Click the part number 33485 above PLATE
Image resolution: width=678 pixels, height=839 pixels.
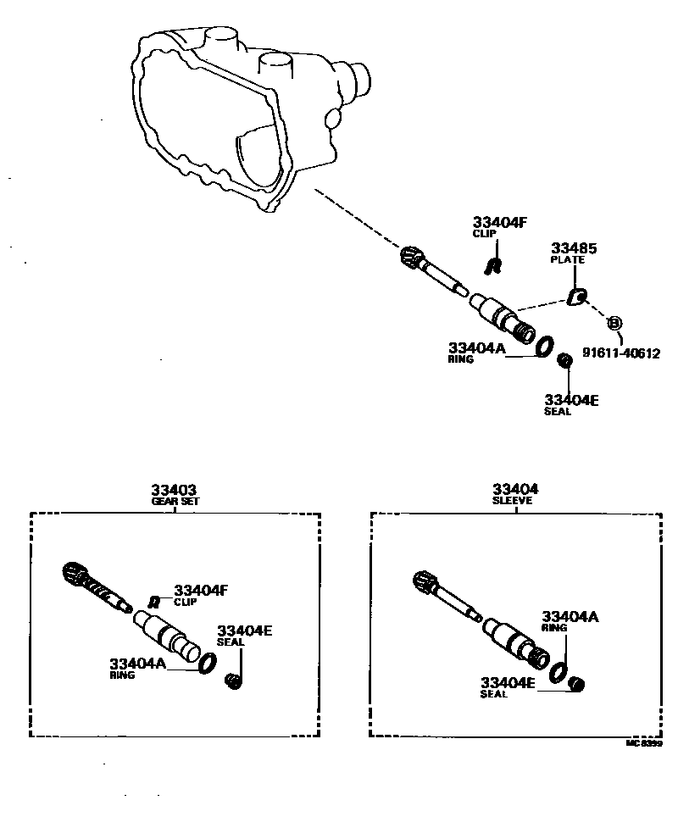tap(574, 248)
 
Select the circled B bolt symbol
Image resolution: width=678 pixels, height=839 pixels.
tap(614, 323)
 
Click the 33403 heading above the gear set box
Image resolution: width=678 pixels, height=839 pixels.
tap(175, 490)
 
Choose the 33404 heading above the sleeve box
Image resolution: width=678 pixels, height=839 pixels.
tap(515, 490)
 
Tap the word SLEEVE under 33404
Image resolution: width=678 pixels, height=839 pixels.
tap(512, 501)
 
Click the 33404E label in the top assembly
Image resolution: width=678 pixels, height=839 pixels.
tap(571, 400)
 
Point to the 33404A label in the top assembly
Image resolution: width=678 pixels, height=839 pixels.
tap(476, 347)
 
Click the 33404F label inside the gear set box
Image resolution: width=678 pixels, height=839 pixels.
tap(202, 590)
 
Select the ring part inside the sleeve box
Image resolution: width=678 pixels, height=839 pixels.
tap(558, 673)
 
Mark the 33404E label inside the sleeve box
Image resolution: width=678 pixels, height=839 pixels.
tap(508, 682)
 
